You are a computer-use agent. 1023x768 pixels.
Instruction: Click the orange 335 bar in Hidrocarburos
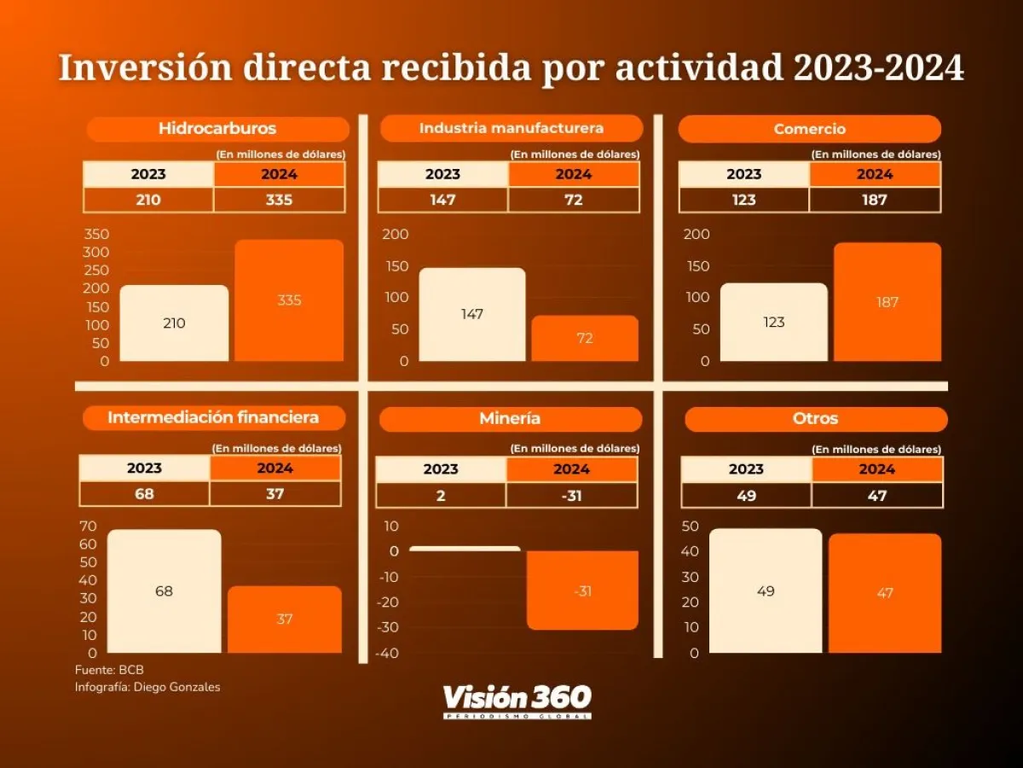[289, 300]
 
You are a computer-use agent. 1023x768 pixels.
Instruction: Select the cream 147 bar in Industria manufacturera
[472, 314]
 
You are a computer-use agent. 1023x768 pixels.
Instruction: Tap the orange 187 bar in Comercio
[887, 301]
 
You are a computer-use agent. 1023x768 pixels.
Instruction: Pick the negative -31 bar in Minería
[582, 590]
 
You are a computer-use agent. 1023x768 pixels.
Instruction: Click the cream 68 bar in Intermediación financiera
[164, 591]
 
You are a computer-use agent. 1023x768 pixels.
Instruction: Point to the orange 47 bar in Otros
[885, 592]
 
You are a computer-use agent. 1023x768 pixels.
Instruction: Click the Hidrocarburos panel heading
[217, 129]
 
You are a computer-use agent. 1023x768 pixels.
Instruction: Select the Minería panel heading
[510, 419]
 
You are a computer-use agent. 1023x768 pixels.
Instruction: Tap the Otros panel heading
[815, 419]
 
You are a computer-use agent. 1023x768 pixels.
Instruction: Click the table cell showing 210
[148, 200]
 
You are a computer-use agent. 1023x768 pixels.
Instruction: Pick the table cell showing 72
[573, 200]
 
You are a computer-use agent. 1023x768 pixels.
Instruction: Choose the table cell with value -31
[571, 495]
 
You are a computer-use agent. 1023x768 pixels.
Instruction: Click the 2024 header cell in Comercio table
[875, 174]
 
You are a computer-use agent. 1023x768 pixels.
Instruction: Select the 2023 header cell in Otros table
[746, 469]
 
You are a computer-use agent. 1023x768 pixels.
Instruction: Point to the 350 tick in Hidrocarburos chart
[97, 235]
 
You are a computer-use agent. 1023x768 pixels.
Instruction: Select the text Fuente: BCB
[103, 670]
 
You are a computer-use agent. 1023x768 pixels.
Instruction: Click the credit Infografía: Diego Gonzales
[147, 687]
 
